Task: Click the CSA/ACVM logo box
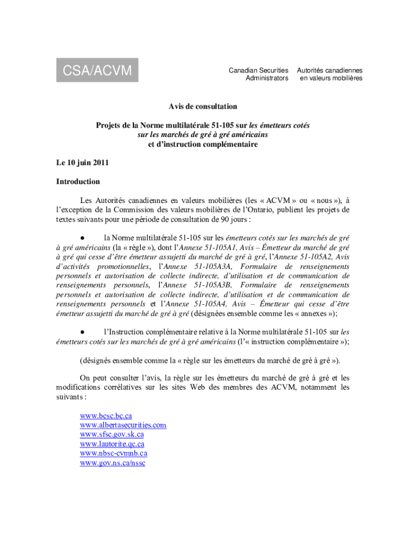(98, 70)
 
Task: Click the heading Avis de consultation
(203, 107)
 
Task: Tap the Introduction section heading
(78, 182)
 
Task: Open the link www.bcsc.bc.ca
(106, 416)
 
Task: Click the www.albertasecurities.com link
(123, 425)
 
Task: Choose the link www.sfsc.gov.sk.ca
(112, 435)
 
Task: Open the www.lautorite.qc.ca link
(112, 444)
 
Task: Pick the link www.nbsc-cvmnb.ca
(113, 453)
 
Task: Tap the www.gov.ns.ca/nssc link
(112, 462)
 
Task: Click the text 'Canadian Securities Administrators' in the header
(258, 74)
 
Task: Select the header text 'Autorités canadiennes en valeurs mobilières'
(330, 74)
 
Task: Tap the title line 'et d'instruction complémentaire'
(203, 144)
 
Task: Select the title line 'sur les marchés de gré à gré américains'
(203, 134)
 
